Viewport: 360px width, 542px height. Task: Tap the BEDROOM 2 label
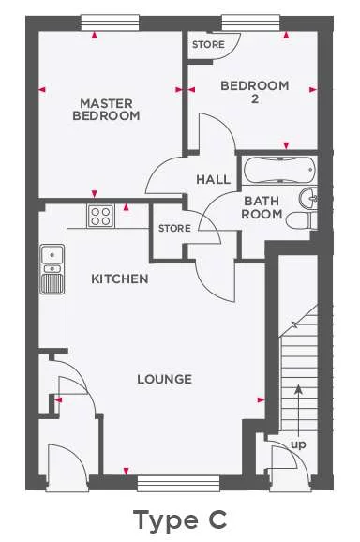pos(254,92)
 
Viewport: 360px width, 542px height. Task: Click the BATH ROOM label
pos(262,207)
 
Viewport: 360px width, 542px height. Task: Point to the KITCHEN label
pos(119,279)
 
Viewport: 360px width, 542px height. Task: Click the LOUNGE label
pos(164,379)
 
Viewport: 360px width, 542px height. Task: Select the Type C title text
pos(179,518)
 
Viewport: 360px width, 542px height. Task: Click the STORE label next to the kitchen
pos(174,228)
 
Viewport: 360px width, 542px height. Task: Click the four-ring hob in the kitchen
pos(100,217)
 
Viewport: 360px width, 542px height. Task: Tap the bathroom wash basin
pos(312,197)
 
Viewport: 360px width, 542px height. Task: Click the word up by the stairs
pos(299,444)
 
